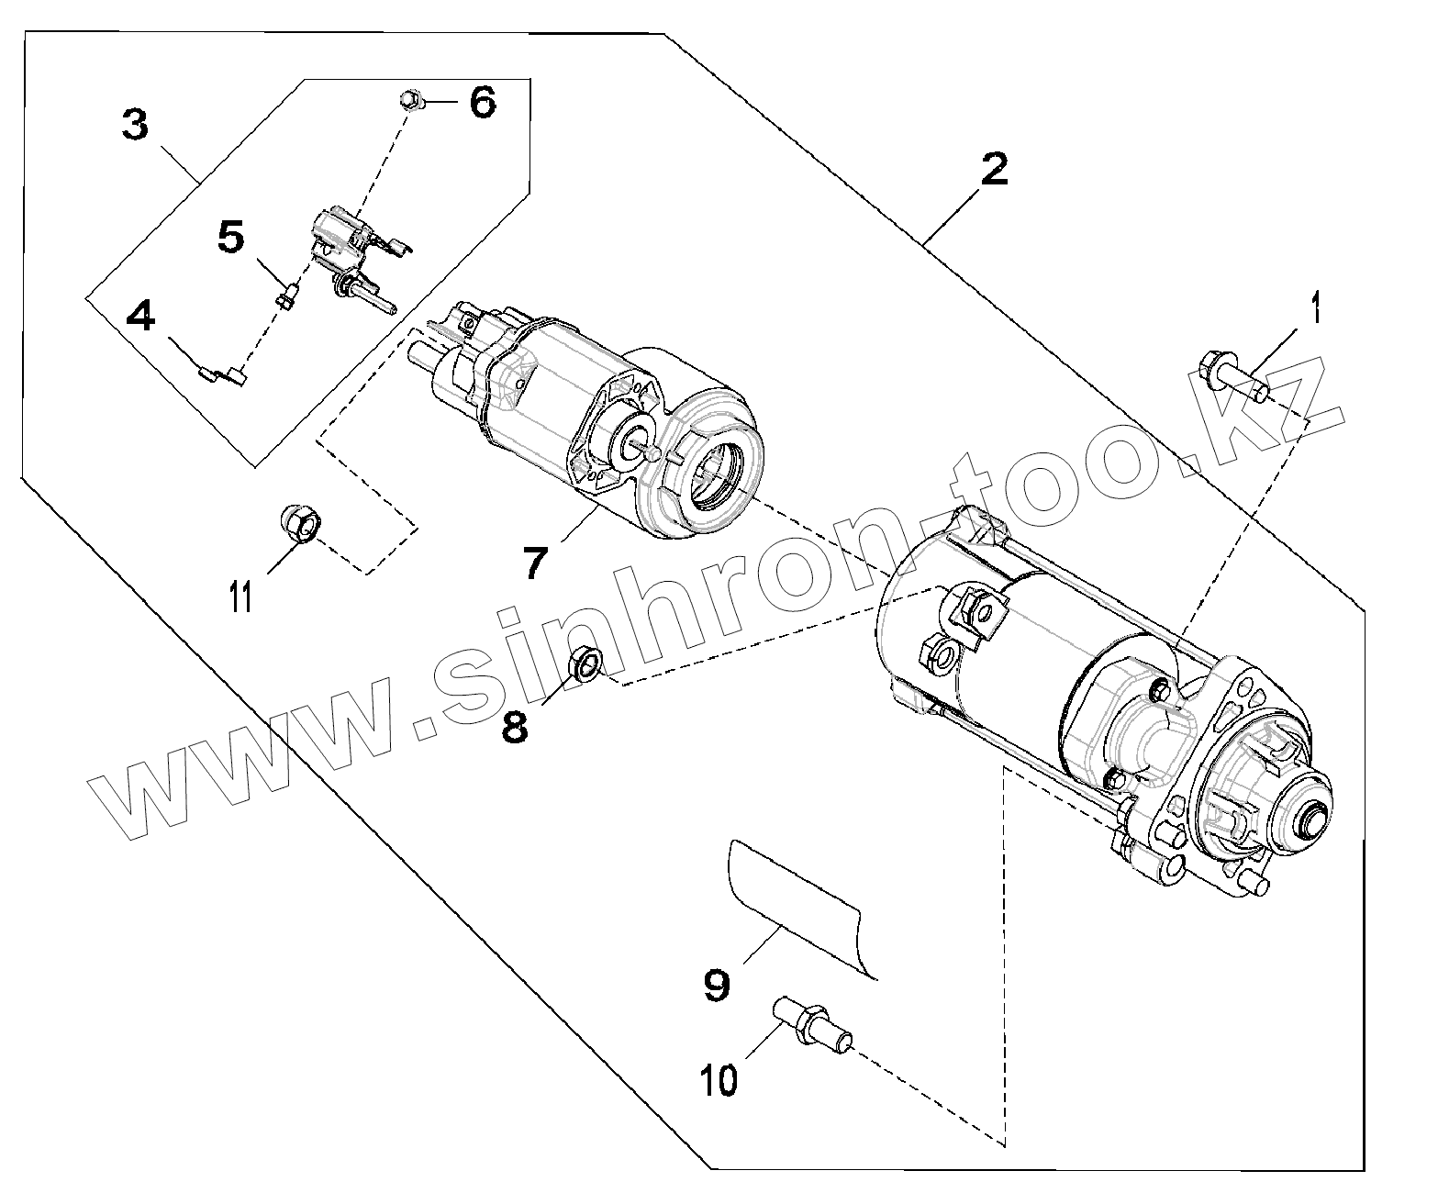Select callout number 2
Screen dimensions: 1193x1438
[x=994, y=170]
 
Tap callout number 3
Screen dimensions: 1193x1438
[x=135, y=124]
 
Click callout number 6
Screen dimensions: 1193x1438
[x=483, y=102]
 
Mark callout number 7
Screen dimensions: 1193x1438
[x=539, y=562]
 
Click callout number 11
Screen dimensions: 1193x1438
[x=240, y=597]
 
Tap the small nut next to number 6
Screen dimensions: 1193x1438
[x=411, y=98]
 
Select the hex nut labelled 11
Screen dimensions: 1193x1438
[x=300, y=525]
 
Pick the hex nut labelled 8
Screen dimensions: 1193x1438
[x=585, y=663]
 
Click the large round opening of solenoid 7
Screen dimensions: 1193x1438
[x=717, y=474]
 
